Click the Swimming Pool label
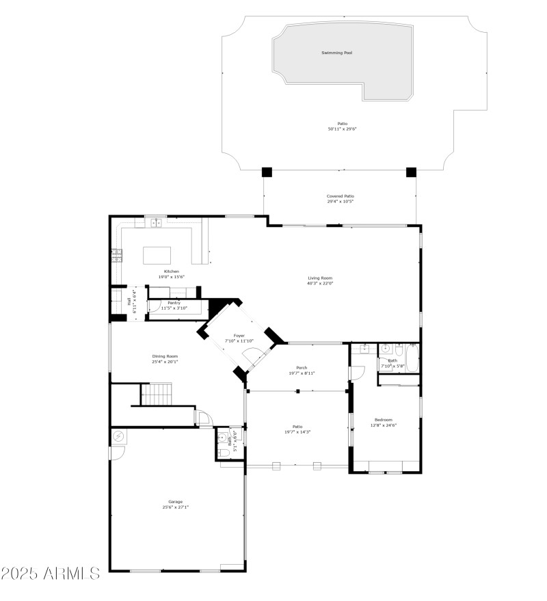pos(337,53)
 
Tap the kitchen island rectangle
pos(156,255)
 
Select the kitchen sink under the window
pos(156,222)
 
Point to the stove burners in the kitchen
pos(116,255)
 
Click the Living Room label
pos(319,278)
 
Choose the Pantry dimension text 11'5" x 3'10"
pos(174,308)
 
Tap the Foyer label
pos(239,336)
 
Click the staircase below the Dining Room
pos(156,394)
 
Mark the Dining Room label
pos(165,356)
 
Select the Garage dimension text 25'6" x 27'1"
pos(175,507)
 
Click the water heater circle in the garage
pos(118,436)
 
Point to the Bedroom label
pos(383,420)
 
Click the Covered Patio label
pos(340,196)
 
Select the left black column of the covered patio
pos(267,172)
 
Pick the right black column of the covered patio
pos(411,172)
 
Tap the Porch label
pos(301,368)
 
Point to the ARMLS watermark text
pos(51,573)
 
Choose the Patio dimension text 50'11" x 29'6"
pos(342,129)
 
